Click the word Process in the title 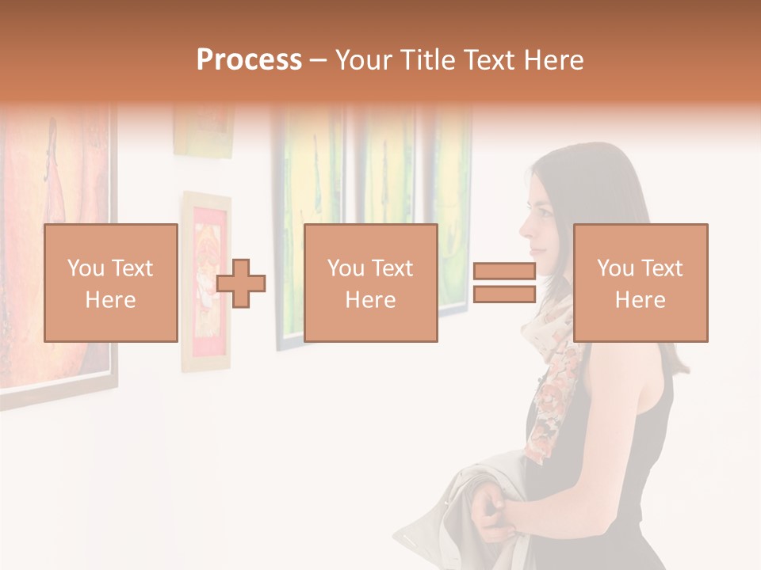(x=249, y=60)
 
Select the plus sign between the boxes (x=241, y=283)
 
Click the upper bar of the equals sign (x=504, y=271)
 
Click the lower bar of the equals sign (x=504, y=294)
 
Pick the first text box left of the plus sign (x=110, y=283)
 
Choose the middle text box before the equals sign (x=370, y=283)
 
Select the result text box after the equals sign (x=640, y=283)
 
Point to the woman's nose (x=523, y=231)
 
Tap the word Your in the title (x=363, y=60)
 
